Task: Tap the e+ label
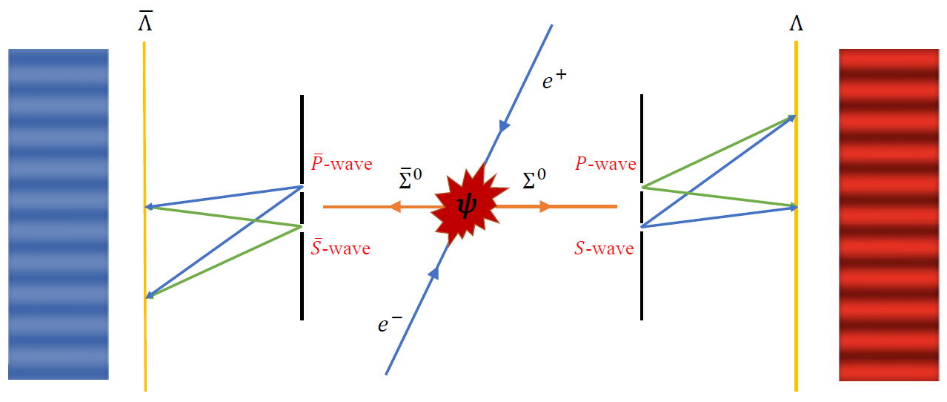pos(554,79)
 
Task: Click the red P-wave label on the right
pos(605,165)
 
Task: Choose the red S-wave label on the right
pos(604,249)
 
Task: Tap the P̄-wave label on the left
pos(342,163)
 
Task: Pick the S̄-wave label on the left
pos(340,248)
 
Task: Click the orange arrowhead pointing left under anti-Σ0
pos(395,206)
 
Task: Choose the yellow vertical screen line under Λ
pos(796,297)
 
